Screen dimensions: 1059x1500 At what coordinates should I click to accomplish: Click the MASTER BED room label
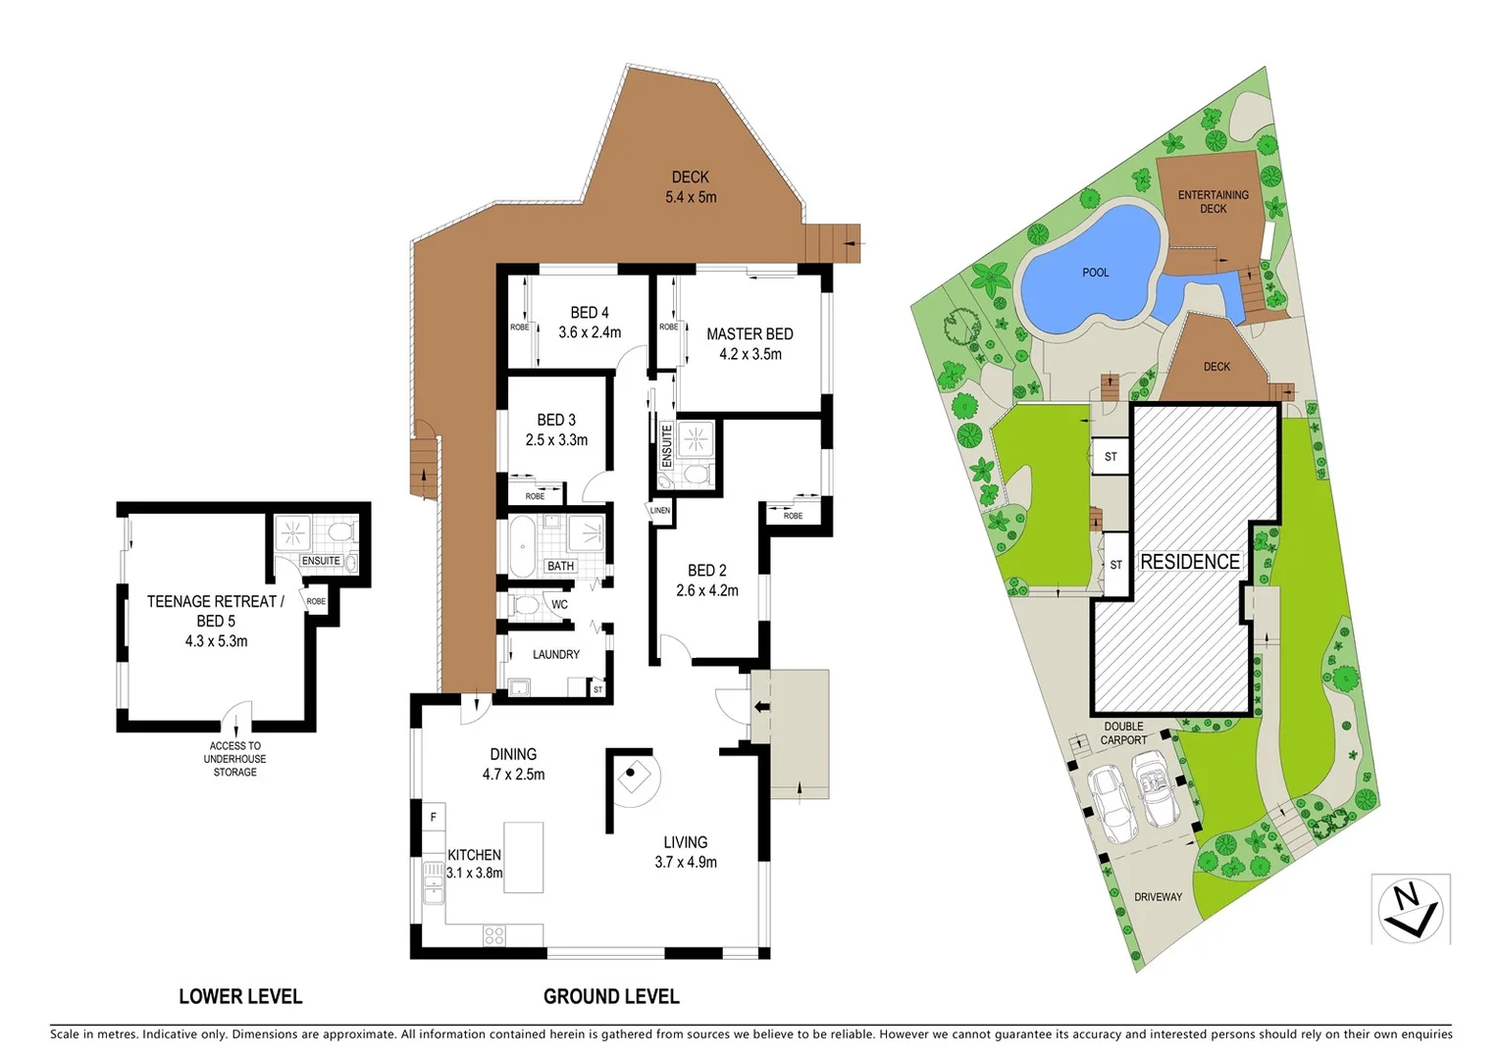(750, 334)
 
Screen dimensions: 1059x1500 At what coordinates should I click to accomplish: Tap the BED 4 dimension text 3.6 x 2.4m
(590, 332)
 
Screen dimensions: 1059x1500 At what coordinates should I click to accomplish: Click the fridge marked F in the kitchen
(433, 817)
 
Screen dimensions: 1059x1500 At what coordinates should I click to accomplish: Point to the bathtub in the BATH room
(522, 547)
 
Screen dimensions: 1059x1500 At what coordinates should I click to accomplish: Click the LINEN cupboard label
(660, 511)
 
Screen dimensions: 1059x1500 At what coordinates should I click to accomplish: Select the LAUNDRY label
(556, 655)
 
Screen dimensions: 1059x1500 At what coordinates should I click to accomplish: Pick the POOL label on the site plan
(1096, 273)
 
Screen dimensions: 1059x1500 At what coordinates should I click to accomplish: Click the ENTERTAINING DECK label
(1214, 202)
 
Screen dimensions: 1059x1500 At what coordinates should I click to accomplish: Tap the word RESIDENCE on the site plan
(1190, 562)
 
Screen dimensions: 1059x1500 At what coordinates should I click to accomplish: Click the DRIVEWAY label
(1158, 897)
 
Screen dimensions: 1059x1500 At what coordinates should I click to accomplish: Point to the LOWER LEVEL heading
(240, 997)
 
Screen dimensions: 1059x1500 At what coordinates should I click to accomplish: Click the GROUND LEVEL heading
(611, 997)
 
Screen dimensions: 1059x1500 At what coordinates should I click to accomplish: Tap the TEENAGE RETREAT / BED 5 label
(215, 611)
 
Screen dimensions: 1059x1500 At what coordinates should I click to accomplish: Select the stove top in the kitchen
(494, 935)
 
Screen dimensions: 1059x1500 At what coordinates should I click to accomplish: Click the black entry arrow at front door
(760, 707)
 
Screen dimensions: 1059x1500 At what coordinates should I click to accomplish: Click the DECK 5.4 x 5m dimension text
(691, 197)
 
